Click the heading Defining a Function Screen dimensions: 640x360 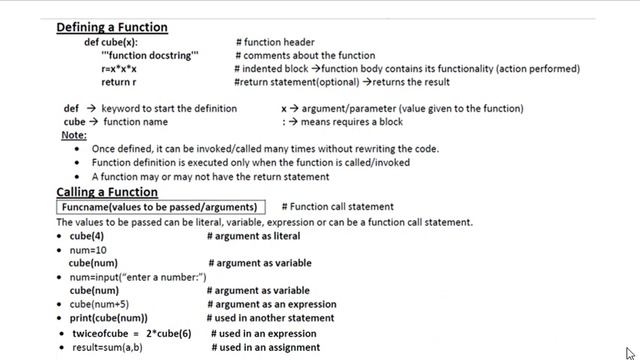(112, 27)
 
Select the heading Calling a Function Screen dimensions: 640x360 (107, 192)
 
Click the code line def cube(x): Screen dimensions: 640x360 (111, 42)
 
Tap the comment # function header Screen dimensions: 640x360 (275, 42)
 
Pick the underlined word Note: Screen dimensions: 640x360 (74, 134)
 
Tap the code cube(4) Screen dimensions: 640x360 (86, 236)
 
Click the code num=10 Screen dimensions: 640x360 (86, 250)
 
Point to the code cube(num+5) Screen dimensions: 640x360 (99, 304)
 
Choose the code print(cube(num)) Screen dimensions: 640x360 (109, 318)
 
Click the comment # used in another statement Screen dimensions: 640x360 (268, 318)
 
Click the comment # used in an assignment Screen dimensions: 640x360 (265, 347)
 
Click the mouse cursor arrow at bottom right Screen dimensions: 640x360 (630, 352)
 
